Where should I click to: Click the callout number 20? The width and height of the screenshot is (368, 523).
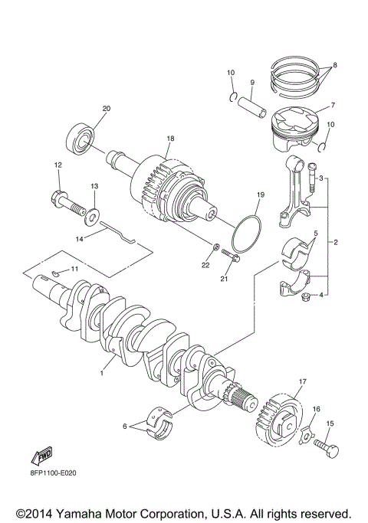click(x=106, y=108)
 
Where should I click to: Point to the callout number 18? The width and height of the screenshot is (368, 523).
click(x=170, y=139)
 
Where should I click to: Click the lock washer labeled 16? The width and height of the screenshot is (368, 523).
click(x=307, y=435)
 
